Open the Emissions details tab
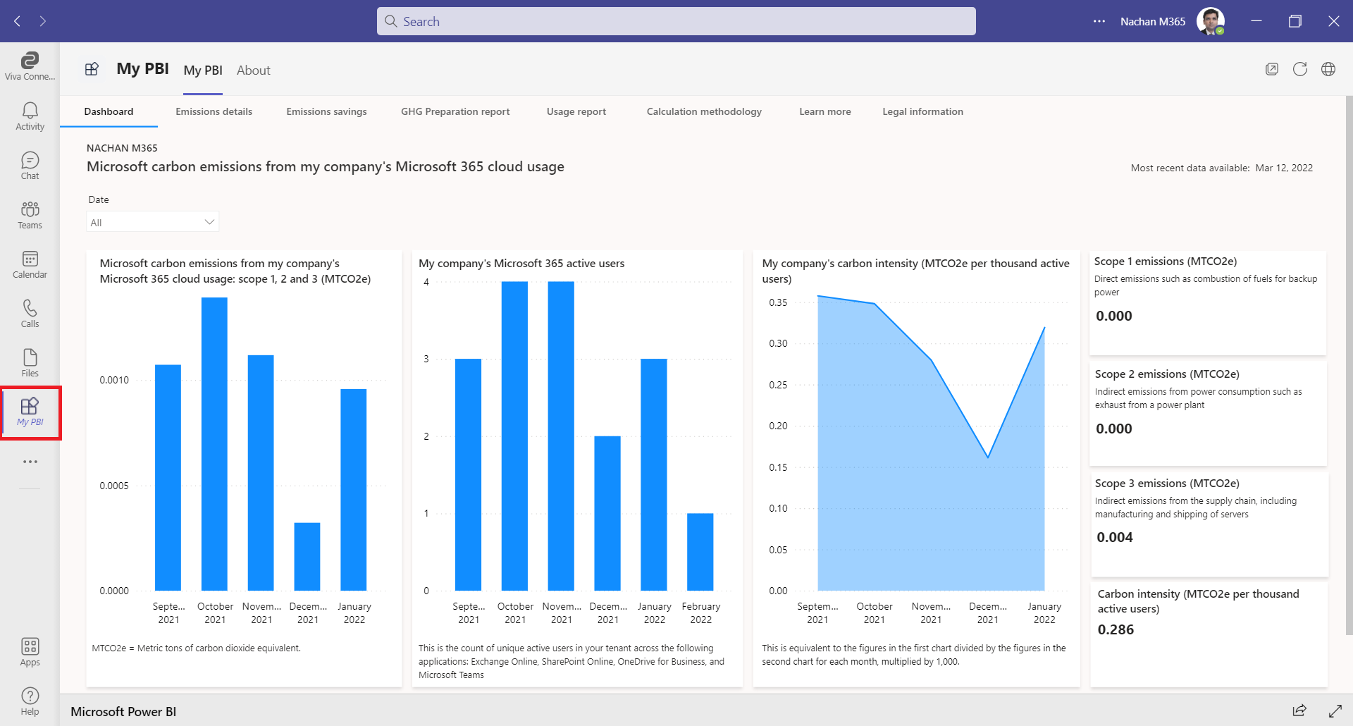coord(214,111)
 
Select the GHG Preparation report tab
coord(455,111)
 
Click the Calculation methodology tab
coord(703,111)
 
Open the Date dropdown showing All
coord(152,222)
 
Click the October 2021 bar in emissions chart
coord(214,444)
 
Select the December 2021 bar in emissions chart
coord(307,557)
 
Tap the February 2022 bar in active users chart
coord(700,552)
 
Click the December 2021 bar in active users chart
coord(607,513)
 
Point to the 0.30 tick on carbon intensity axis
coord(778,343)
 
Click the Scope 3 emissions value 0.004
coord(1114,537)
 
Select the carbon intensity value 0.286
coord(1116,629)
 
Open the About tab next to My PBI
coord(253,70)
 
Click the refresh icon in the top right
coord(1299,69)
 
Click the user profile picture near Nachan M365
coord(1210,21)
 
